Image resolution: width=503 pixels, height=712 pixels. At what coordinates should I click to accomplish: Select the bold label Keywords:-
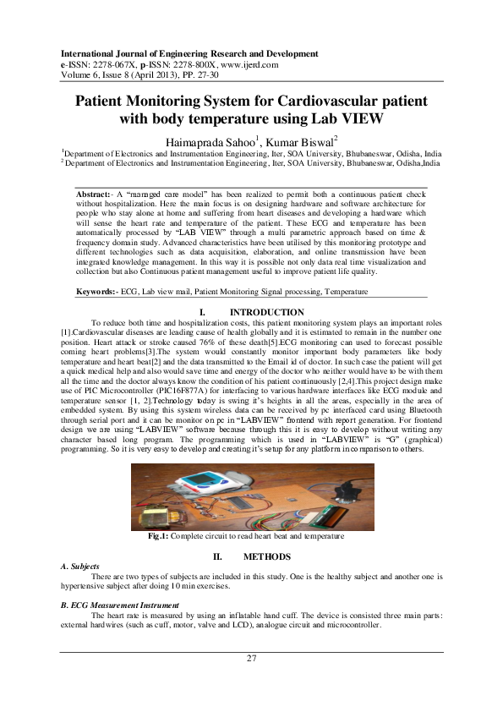pyautogui.click(x=99, y=292)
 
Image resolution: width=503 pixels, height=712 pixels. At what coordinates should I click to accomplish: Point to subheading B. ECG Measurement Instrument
pyautogui.click(x=120, y=605)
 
